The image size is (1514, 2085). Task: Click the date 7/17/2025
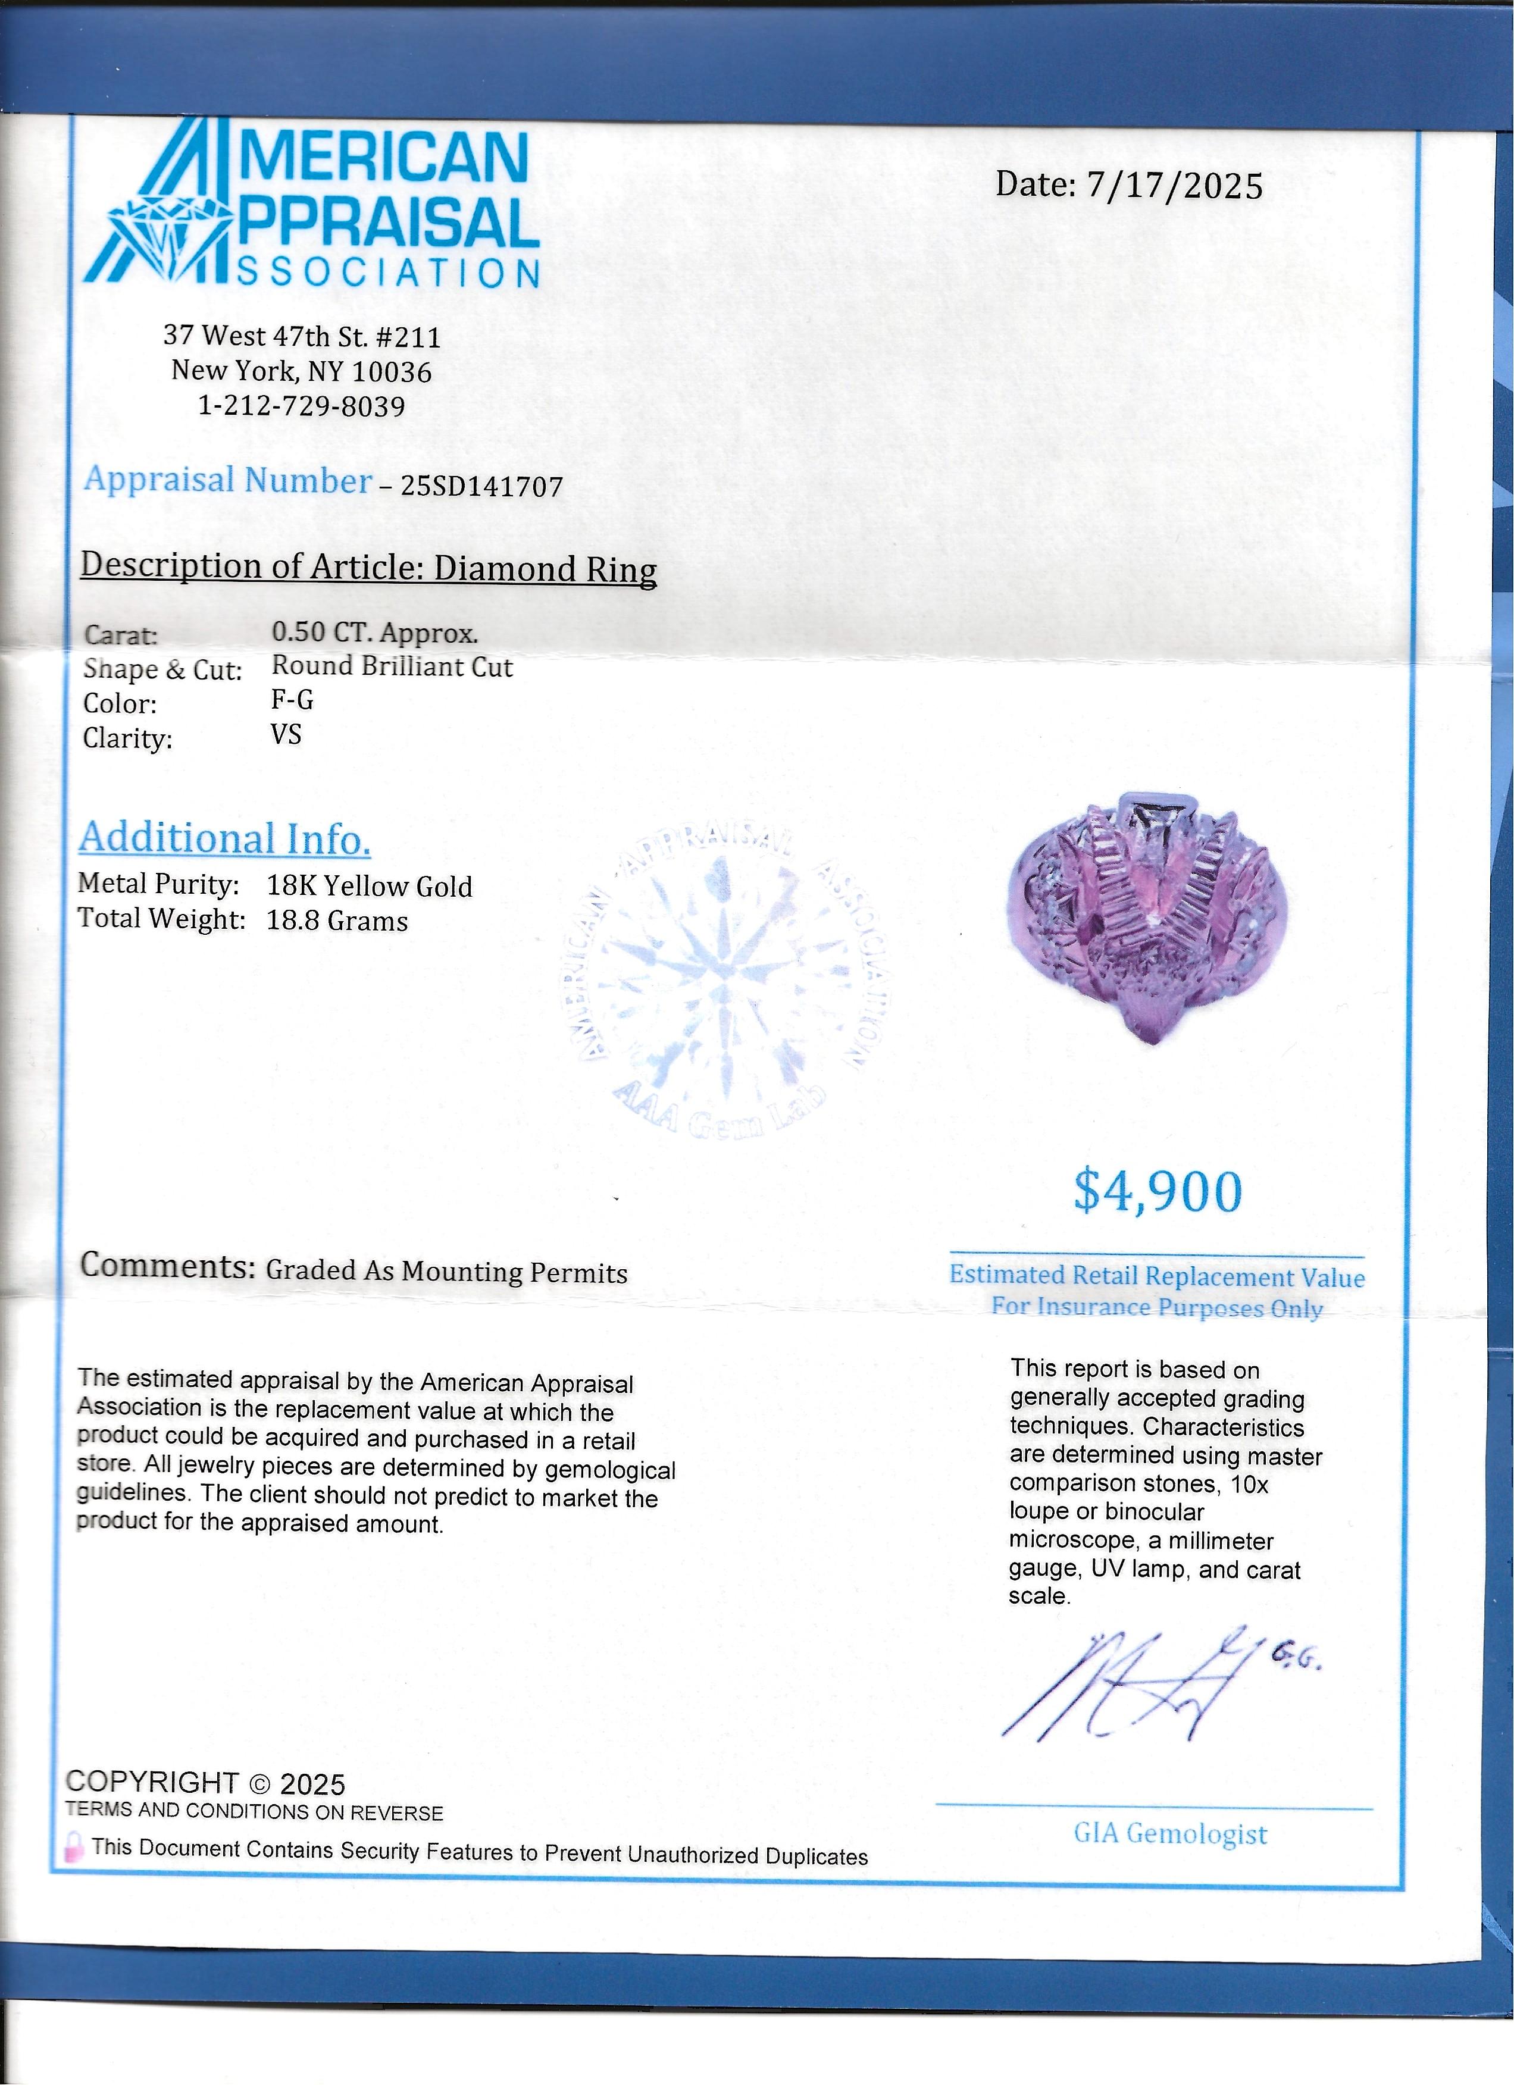[1175, 187]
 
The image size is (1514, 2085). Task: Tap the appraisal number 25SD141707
[481, 486]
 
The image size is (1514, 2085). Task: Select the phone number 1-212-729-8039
[302, 406]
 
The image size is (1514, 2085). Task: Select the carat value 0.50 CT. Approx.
[374, 633]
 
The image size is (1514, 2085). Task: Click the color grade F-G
[292, 700]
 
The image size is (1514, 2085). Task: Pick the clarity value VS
[286, 734]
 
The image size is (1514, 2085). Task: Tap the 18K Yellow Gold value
[370, 886]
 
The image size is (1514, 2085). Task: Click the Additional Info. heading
[225, 838]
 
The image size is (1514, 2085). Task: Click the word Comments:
[167, 1266]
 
